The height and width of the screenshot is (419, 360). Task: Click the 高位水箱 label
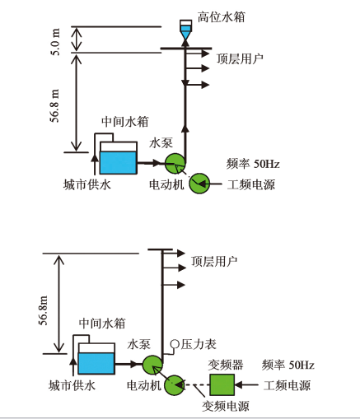(221, 17)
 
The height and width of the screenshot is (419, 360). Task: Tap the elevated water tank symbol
(185, 30)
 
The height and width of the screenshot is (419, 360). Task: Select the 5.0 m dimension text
(56, 42)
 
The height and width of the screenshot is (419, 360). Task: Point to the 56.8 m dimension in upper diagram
(54, 105)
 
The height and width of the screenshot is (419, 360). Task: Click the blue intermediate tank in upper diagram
(118, 163)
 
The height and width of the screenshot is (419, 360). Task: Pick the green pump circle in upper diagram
(175, 163)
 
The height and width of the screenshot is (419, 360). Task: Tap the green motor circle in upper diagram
(199, 184)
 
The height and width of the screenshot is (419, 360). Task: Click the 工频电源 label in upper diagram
(251, 184)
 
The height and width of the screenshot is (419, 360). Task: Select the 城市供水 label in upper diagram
(87, 184)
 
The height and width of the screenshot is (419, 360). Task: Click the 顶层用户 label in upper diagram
(240, 58)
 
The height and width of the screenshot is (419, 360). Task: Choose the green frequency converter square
(222, 384)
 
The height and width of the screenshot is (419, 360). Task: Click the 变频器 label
(226, 365)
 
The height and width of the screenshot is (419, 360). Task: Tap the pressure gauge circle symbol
(175, 344)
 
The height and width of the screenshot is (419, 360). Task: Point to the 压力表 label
(199, 344)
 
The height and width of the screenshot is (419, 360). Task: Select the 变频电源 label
(226, 406)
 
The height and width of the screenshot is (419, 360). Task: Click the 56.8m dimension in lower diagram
(44, 310)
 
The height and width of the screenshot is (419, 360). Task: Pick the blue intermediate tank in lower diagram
(96, 363)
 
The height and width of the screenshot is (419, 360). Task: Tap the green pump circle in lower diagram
(152, 365)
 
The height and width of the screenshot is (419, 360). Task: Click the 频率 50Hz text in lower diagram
(288, 365)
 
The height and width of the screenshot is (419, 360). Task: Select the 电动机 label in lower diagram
(144, 385)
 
